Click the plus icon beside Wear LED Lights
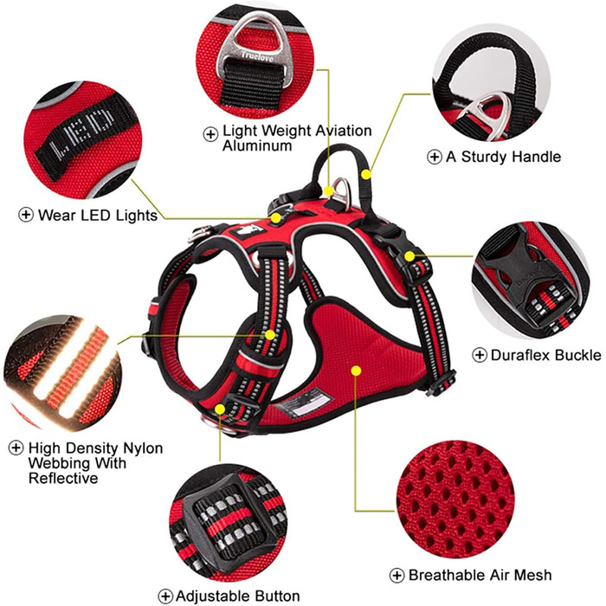[x=26, y=215]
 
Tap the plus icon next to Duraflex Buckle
[x=480, y=355]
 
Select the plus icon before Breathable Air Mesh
[x=396, y=576]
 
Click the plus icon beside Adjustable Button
[x=165, y=596]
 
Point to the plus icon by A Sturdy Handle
[x=435, y=157]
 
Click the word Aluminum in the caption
[x=257, y=145]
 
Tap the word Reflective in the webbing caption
[x=63, y=479]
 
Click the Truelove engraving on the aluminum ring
[x=257, y=56]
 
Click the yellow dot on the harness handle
[x=366, y=174]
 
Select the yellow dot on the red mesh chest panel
[x=357, y=371]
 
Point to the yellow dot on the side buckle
[x=409, y=256]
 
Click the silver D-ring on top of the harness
[x=342, y=190]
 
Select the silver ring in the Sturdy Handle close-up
[x=490, y=114]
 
